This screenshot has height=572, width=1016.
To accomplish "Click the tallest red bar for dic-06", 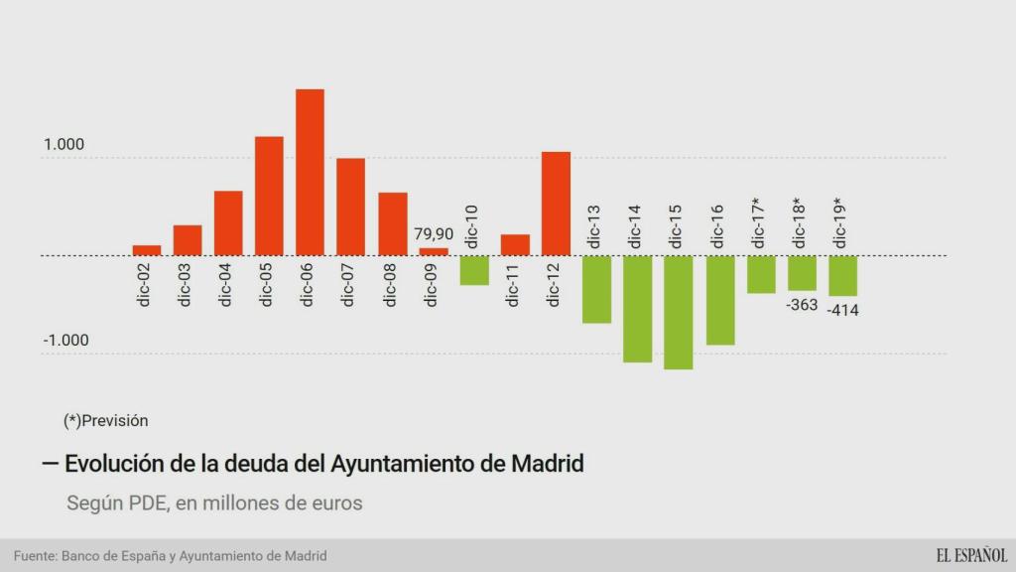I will [x=310, y=172].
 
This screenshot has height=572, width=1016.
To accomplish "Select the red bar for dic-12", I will [x=556, y=204].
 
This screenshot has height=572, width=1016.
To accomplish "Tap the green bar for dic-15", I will [x=678, y=312].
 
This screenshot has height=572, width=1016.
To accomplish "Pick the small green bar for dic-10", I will [x=474, y=270].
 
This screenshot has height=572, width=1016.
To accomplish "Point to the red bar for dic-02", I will [x=147, y=250].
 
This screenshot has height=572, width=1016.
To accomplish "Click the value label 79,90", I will [x=434, y=234].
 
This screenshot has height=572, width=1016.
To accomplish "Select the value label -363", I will [x=802, y=305].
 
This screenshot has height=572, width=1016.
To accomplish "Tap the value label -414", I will [x=842, y=311].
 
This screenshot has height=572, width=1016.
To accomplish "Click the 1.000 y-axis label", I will [x=63, y=145].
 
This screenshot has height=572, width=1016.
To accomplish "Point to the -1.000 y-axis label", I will [x=65, y=341].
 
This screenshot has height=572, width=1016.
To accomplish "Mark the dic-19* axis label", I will [x=841, y=223].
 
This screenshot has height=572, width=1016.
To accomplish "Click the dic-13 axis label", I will [x=595, y=226].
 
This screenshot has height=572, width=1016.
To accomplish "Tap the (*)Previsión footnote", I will [x=105, y=420].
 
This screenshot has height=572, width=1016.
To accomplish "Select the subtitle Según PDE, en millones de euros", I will [x=214, y=503].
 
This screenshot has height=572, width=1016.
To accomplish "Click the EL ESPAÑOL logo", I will [x=970, y=555].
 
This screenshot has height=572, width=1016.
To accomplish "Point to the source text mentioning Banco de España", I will [x=170, y=556].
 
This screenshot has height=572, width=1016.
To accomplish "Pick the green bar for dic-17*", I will [x=761, y=274].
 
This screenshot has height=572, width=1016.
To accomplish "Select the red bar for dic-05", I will [x=269, y=196].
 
